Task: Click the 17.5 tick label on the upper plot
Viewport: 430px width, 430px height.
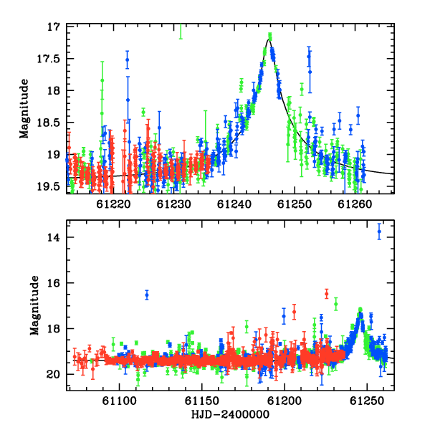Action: pyautogui.click(x=48, y=59)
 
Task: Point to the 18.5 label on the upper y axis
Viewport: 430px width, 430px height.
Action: pyautogui.click(x=48, y=123)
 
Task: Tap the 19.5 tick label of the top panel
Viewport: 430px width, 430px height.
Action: pyautogui.click(x=48, y=187)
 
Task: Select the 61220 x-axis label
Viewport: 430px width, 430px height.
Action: pyautogui.click(x=113, y=204)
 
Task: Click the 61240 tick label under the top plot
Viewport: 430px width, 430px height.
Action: pyautogui.click(x=234, y=204)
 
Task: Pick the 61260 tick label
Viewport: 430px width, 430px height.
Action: pyautogui.click(x=355, y=204)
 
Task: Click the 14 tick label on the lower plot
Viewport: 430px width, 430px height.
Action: pyautogui.click(x=54, y=237)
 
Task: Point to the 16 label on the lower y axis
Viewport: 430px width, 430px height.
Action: pyautogui.click(x=54, y=283)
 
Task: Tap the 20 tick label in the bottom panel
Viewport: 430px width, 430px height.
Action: pyautogui.click(x=53, y=374)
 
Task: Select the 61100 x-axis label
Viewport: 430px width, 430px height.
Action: pyautogui.click(x=119, y=401)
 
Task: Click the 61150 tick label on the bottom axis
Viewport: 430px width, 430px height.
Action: pyautogui.click(x=202, y=401)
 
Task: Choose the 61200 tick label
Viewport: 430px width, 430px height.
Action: pyautogui.click(x=285, y=401)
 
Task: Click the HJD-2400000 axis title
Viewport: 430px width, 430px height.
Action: pyautogui.click(x=230, y=414)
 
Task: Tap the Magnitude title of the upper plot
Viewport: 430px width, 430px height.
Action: pyautogui.click(x=24, y=109)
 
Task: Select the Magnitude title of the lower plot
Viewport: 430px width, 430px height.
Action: pyautogui.click(x=34, y=305)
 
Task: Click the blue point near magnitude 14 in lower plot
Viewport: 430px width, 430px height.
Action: pyautogui.click(x=379, y=231)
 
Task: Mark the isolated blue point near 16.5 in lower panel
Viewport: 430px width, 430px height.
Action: pyautogui.click(x=147, y=295)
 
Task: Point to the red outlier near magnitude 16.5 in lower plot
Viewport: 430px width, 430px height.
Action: pyautogui.click(x=326, y=294)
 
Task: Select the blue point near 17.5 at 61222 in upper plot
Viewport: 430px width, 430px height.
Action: pyautogui.click(x=128, y=59)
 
